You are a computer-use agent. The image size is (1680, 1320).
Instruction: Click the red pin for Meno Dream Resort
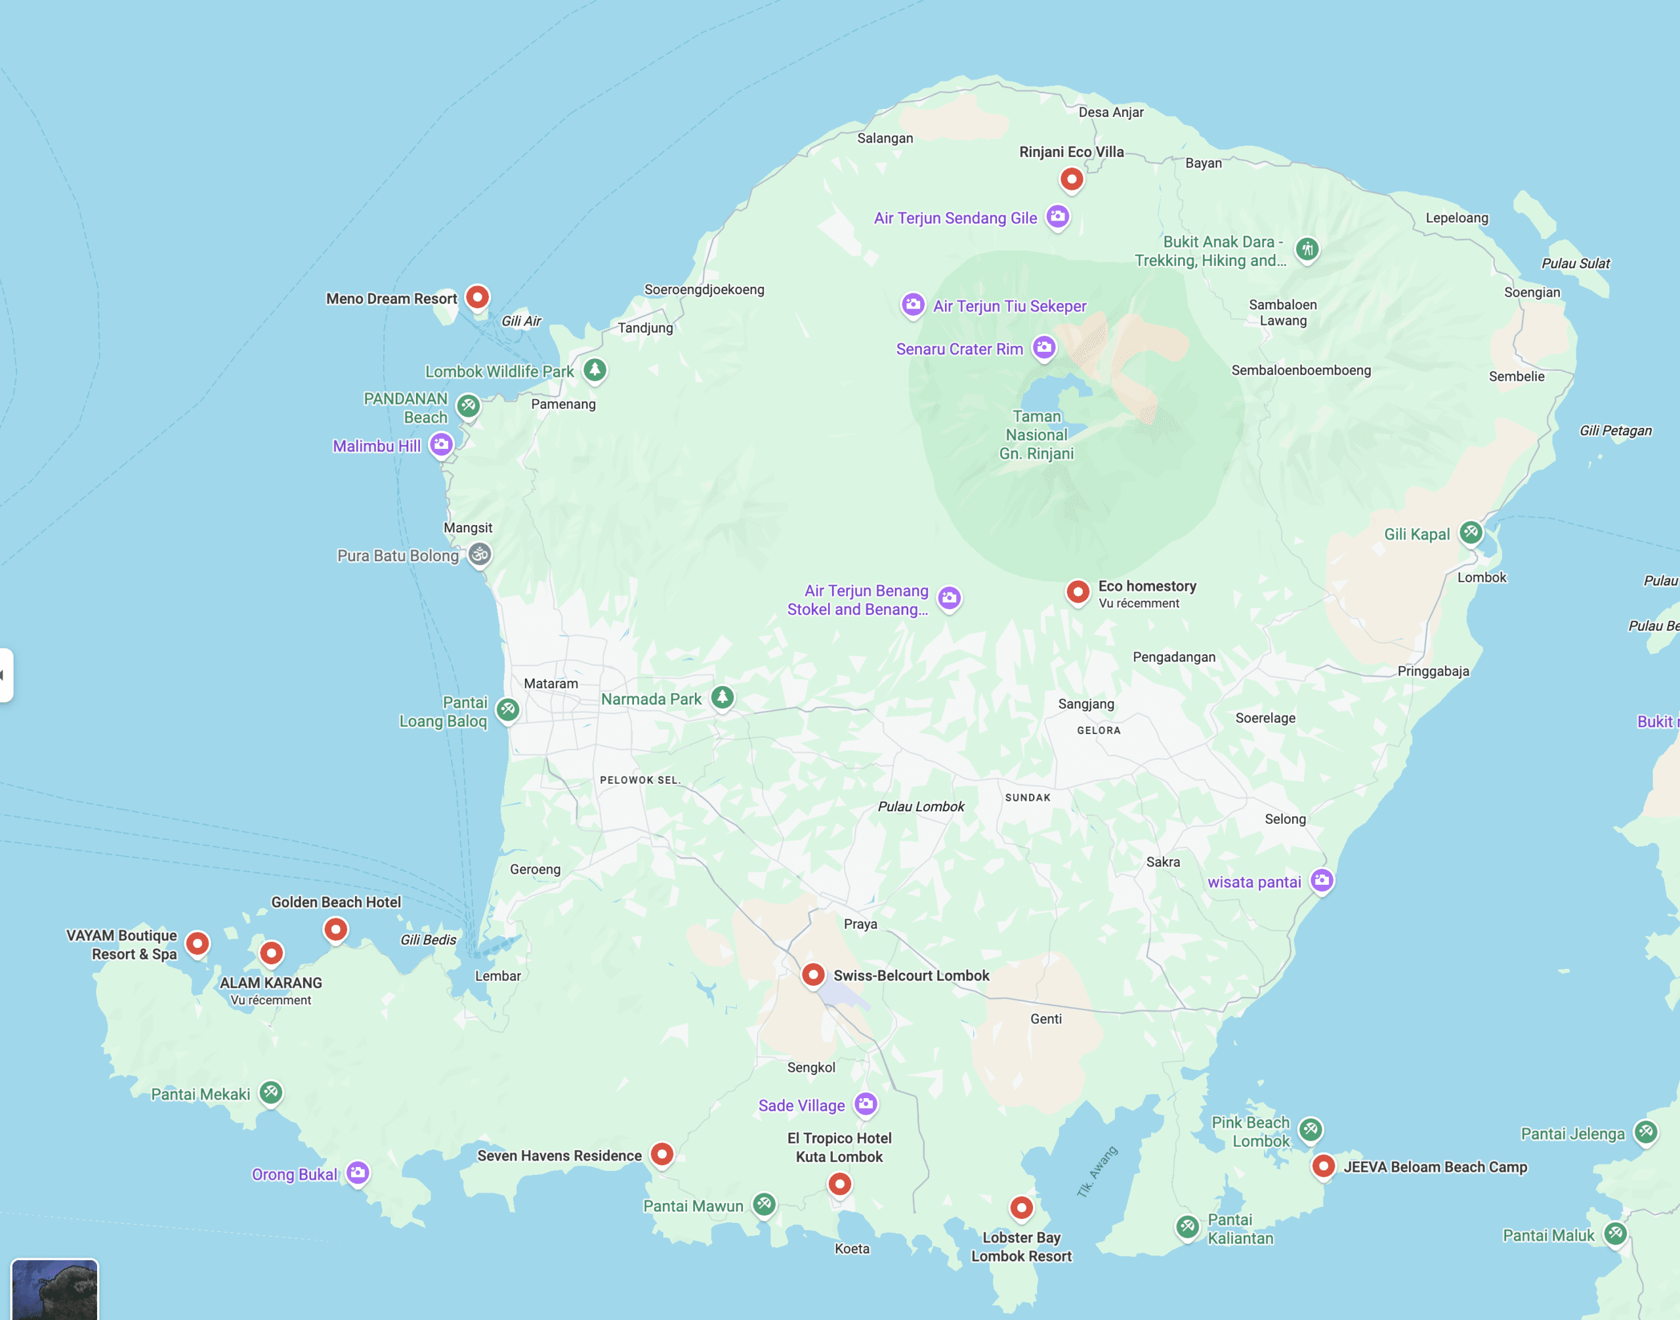click(478, 297)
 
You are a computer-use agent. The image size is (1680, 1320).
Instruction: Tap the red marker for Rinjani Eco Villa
click(1071, 179)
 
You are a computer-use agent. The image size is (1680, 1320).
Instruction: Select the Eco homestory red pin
click(1078, 592)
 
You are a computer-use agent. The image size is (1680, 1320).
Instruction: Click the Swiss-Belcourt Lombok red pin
click(813, 975)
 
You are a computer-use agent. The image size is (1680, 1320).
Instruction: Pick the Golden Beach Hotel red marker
click(335, 929)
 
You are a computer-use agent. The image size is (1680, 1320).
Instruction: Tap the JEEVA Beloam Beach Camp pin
click(1323, 1166)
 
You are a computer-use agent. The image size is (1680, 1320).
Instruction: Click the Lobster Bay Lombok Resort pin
click(1022, 1207)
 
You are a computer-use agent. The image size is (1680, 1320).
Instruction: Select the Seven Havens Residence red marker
click(661, 1154)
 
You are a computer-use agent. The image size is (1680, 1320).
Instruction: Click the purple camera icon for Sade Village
click(866, 1103)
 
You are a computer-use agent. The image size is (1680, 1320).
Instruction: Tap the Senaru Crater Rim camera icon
click(1044, 348)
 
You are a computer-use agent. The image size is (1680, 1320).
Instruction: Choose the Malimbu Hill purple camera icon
click(441, 444)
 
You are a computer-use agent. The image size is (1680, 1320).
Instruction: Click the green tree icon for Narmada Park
click(723, 697)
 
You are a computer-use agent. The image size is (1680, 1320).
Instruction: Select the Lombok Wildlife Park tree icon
click(595, 370)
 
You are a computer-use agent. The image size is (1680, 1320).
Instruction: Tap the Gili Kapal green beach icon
click(1471, 532)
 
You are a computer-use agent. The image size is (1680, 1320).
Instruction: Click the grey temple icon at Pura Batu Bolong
click(480, 554)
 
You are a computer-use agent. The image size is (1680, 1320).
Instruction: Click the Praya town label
click(860, 924)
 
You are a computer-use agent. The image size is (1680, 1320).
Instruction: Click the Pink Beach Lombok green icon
click(1310, 1130)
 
